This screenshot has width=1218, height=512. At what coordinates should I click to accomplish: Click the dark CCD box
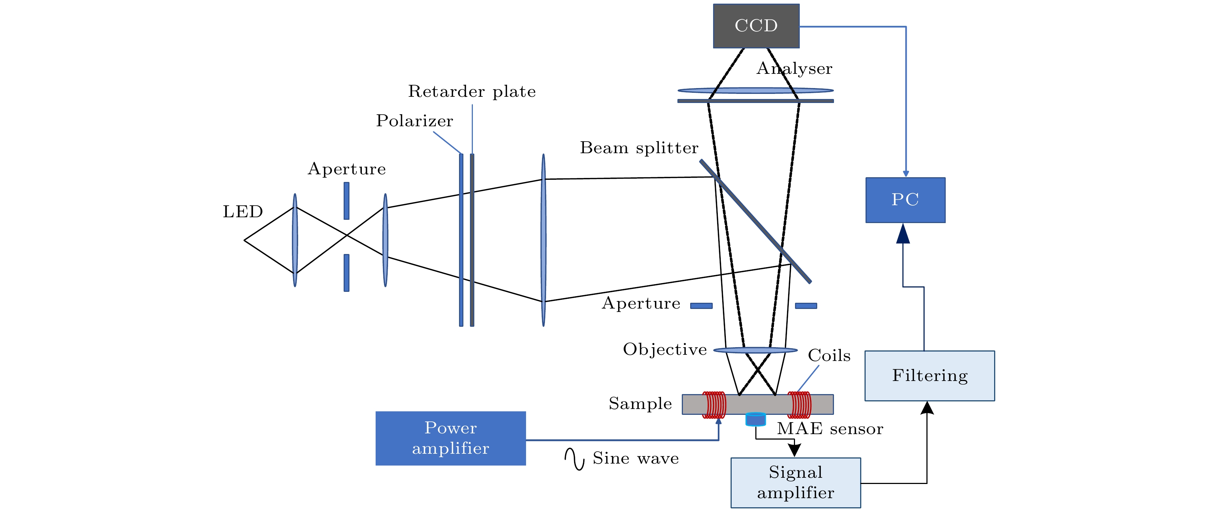click(756, 26)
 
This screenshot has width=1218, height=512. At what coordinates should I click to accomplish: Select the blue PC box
click(905, 200)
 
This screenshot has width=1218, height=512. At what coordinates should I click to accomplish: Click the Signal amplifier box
click(795, 482)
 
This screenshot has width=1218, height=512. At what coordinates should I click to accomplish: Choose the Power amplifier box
click(450, 438)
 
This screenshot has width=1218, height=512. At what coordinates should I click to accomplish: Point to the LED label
click(242, 211)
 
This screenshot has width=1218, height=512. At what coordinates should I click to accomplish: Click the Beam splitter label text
click(639, 148)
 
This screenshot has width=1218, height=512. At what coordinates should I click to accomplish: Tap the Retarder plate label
click(471, 91)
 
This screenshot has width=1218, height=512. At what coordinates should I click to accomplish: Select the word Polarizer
click(414, 121)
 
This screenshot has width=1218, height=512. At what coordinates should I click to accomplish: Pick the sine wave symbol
click(574, 459)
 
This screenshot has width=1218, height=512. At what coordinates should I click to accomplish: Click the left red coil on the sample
click(713, 405)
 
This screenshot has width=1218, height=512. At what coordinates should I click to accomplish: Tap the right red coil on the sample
click(799, 405)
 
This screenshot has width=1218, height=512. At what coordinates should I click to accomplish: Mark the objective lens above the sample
click(755, 350)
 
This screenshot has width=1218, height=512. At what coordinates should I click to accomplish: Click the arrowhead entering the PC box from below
click(903, 234)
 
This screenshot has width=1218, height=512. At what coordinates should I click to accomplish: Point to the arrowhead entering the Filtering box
click(927, 408)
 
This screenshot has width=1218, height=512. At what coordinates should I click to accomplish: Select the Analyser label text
click(794, 68)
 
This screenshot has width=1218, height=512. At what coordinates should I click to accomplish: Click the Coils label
click(829, 356)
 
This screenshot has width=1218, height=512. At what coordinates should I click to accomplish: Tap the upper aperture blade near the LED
click(347, 201)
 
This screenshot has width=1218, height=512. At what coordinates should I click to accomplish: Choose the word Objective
click(665, 349)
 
